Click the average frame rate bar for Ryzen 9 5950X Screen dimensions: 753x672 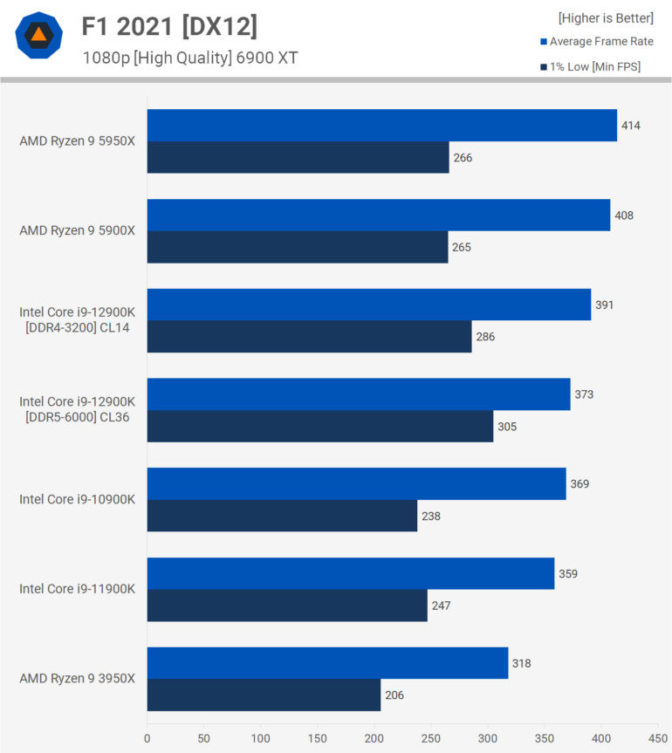click(x=381, y=126)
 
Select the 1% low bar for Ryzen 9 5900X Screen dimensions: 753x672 click(x=297, y=247)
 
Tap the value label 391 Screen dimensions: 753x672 click(x=604, y=305)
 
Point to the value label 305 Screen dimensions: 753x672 click(x=506, y=427)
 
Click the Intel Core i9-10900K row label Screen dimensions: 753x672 click(x=77, y=499)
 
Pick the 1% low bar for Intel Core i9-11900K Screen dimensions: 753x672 click(x=286, y=606)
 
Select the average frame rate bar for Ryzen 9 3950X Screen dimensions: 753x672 click(x=327, y=663)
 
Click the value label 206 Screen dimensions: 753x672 click(x=394, y=695)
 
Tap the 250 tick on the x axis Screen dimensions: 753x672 click(x=431, y=738)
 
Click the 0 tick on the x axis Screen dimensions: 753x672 click(x=147, y=738)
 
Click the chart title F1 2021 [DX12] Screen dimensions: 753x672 click(x=169, y=27)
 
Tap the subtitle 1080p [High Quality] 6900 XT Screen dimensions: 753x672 click(x=190, y=58)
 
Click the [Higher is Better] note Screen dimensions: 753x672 click(x=606, y=17)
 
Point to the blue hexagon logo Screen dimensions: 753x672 click(x=38, y=35)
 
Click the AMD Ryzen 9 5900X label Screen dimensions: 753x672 click(x=77, y=230)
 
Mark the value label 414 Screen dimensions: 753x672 click(x=631, y=126)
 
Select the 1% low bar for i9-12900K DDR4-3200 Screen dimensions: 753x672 click(x=309, y=337)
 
